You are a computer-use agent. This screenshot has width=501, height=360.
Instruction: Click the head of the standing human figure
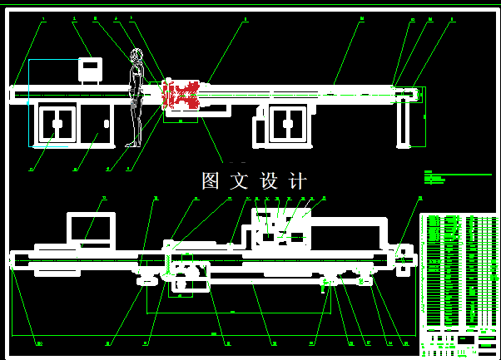tap(136, 56)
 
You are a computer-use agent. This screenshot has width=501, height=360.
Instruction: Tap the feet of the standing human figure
tap(131, 145)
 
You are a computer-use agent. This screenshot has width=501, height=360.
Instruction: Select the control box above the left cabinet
tap(90, 69)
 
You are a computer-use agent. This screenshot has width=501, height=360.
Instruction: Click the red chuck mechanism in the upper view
tap(181, 95)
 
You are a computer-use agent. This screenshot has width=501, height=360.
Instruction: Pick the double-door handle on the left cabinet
tap(57, 124)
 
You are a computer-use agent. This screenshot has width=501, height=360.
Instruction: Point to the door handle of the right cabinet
tap(287, 124)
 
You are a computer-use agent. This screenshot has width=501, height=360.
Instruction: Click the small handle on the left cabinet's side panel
tap(107, 124)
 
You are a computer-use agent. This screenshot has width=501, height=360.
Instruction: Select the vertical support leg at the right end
tap(404, 122)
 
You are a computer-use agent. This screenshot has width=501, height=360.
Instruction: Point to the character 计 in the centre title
tap(297, 181)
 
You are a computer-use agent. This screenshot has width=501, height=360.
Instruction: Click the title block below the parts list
tap(459, 342)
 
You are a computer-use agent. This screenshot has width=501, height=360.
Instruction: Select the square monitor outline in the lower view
tap(91, 229)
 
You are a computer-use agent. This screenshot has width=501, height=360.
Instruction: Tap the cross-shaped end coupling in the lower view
tap(404, 259)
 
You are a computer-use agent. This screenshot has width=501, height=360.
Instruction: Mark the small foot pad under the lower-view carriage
tap(147, 281)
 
